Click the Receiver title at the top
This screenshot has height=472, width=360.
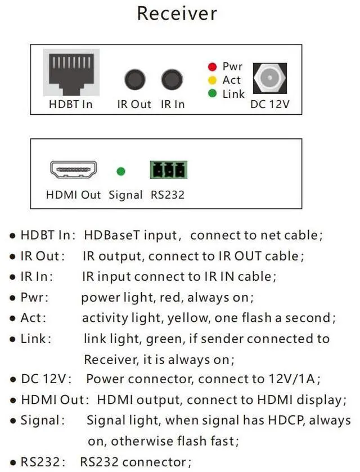click(177, 14)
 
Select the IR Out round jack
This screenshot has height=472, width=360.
click(134, 79)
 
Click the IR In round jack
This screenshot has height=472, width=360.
click(172, 79)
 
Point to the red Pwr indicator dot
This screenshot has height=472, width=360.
click(212, 67)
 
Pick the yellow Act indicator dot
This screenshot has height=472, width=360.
click(212, 80)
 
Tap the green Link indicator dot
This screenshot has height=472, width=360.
click(212, 93)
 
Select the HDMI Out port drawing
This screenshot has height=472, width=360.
click(73, 169)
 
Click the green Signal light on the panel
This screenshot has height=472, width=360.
click(120, 171)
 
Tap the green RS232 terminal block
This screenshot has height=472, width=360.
click(168, 169)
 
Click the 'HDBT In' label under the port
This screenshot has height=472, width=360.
click(70, 104)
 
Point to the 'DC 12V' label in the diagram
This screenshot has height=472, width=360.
click(269, 104)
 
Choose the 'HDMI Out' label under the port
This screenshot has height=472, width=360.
click(73, 195)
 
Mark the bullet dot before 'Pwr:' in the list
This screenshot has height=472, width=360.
click(12, 298)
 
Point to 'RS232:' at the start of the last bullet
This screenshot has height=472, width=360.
click(43, 462)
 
